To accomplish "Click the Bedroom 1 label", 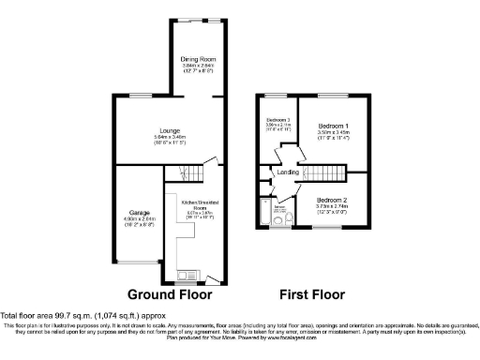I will point(333,126).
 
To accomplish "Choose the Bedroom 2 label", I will point(332,201).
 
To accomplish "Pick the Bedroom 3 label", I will point(277,120).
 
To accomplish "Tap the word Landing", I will point(288,172).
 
